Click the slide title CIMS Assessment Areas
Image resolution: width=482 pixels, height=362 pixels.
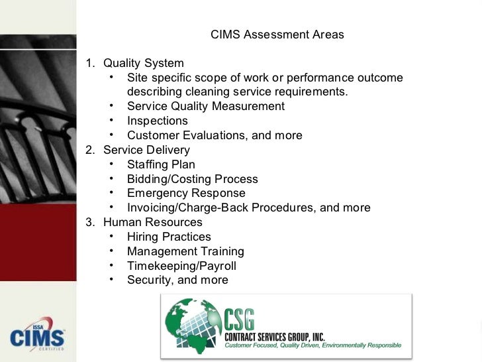(277, 34)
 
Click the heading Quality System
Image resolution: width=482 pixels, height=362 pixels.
(143, 64)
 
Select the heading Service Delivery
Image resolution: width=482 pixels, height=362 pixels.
(146, 151)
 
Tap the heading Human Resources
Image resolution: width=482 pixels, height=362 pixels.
(152, 223)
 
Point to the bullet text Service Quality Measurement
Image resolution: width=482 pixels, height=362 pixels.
(205, 107)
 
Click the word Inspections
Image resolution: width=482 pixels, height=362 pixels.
(158, 121)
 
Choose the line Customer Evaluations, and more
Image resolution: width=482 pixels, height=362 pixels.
(215, 136)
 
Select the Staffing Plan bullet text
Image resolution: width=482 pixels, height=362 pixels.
(161, 165)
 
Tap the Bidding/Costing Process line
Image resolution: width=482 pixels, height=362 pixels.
(192, 180)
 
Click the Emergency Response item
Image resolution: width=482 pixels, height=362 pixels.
(186, 194)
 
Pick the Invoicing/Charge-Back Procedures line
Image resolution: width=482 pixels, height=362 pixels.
(248, 208)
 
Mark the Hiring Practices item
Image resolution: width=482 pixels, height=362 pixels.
(169, 237)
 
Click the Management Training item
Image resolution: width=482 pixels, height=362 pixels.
(185, 252)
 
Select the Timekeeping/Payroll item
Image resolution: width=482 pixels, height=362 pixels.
(181, 267)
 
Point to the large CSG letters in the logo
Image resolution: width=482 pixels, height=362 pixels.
(246, 320)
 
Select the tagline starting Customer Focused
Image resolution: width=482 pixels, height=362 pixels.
(313, 345)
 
